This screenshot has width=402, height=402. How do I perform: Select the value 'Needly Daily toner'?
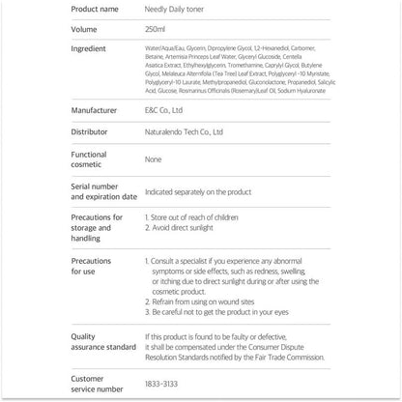[174, 9]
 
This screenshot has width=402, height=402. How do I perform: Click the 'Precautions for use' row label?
[97, 267]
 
